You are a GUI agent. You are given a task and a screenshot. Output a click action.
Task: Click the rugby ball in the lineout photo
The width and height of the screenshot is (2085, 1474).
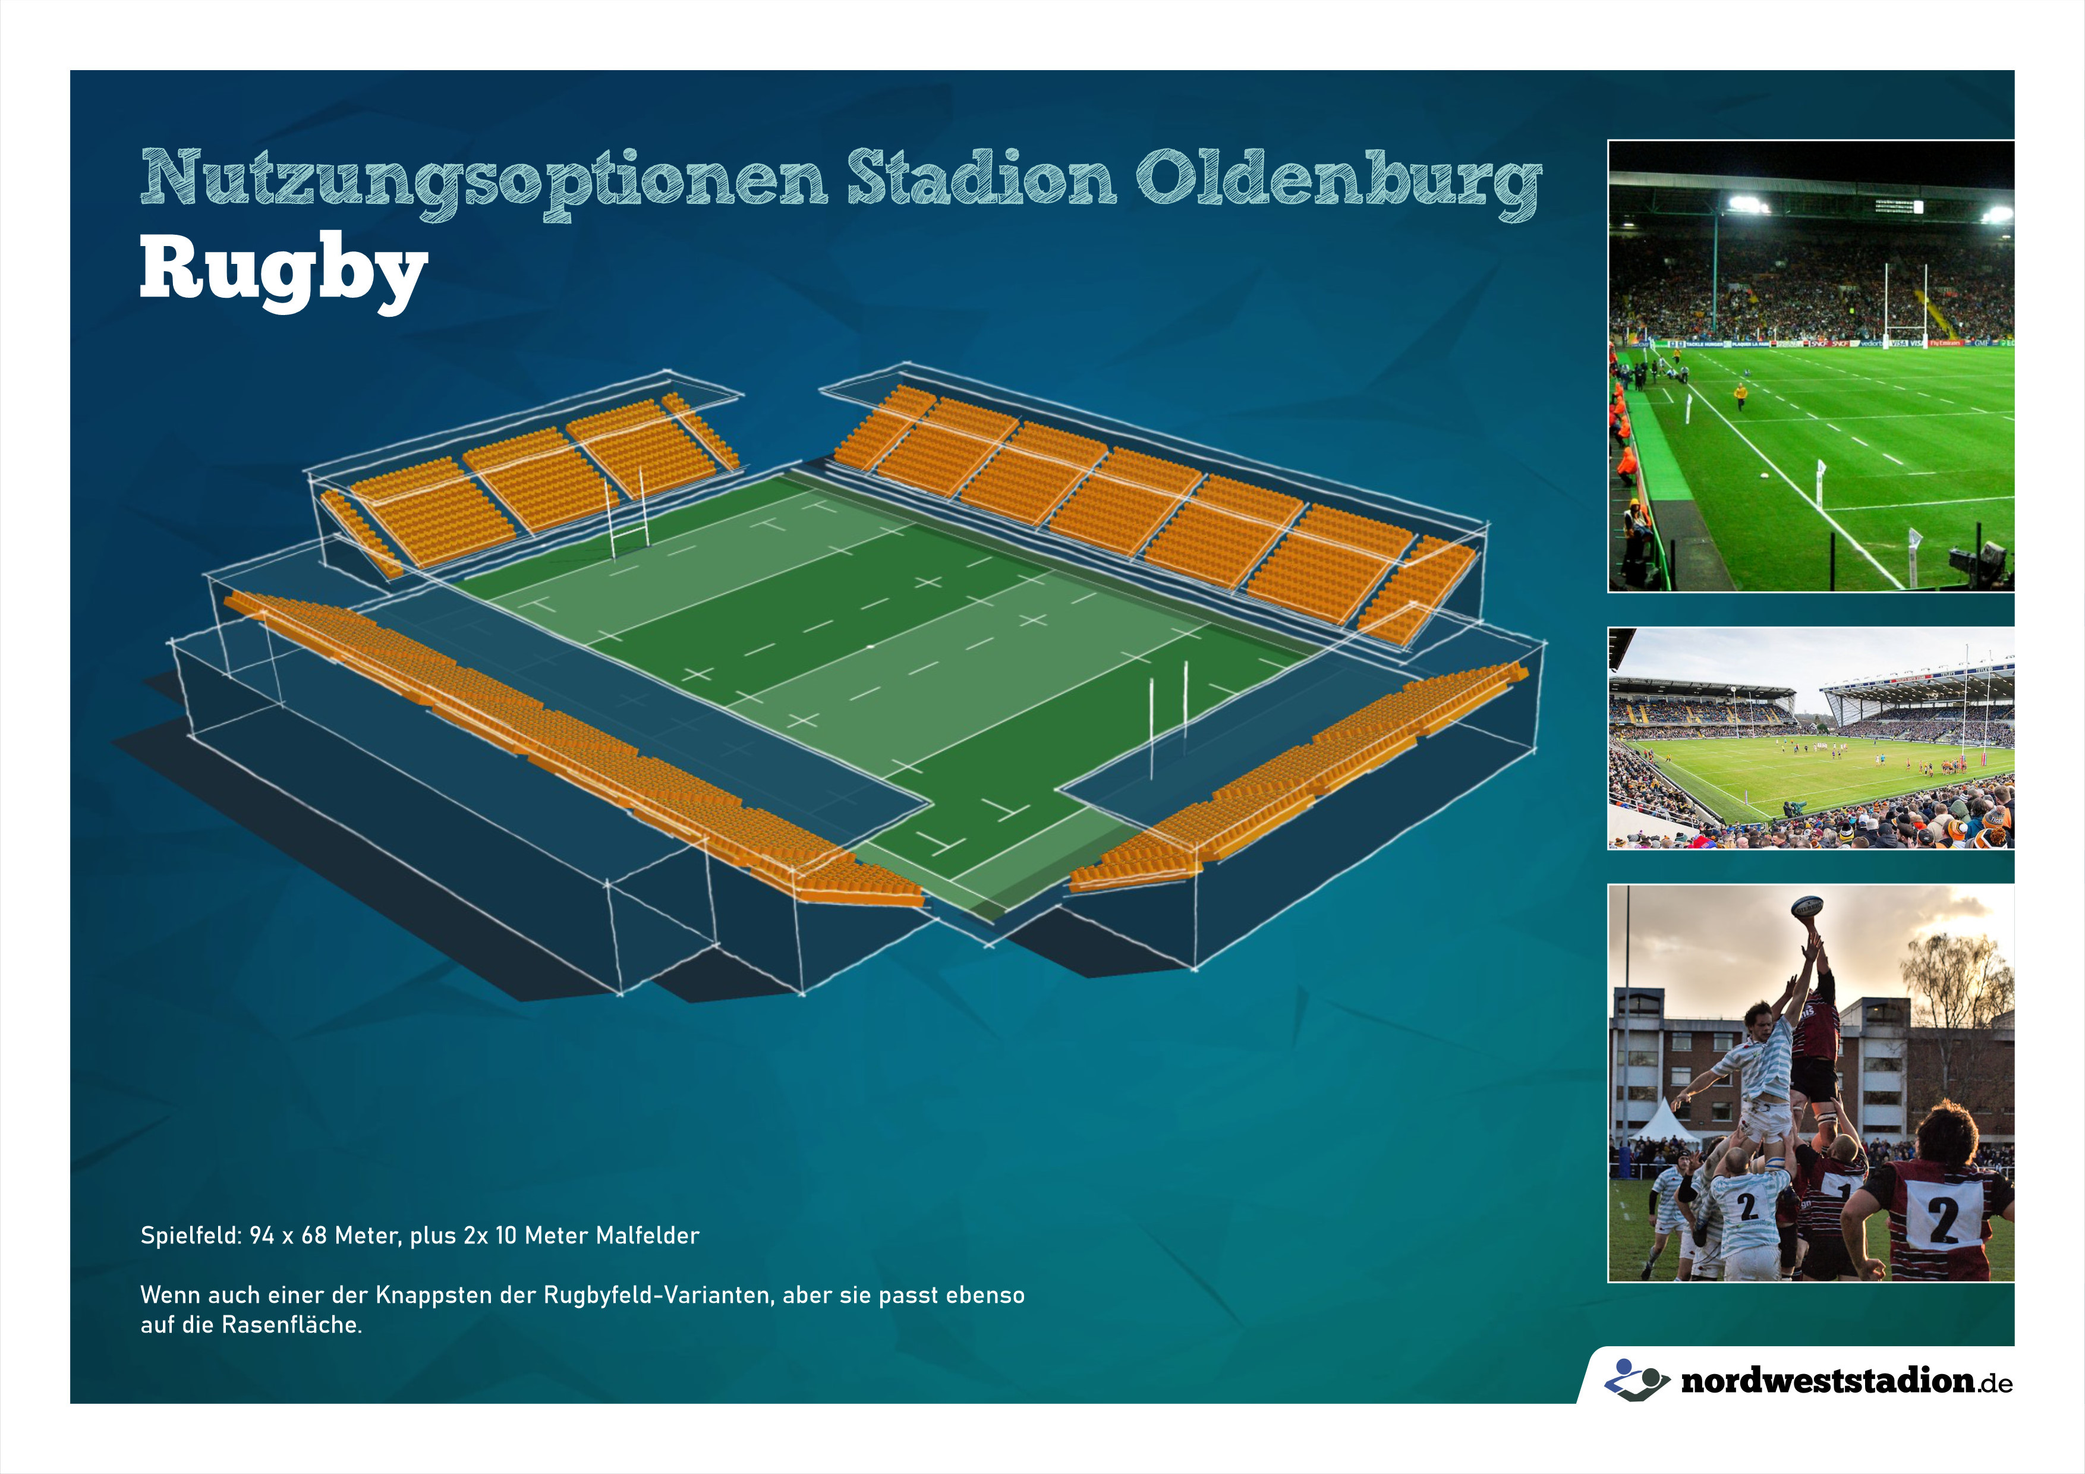(x=1807, y=906)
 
